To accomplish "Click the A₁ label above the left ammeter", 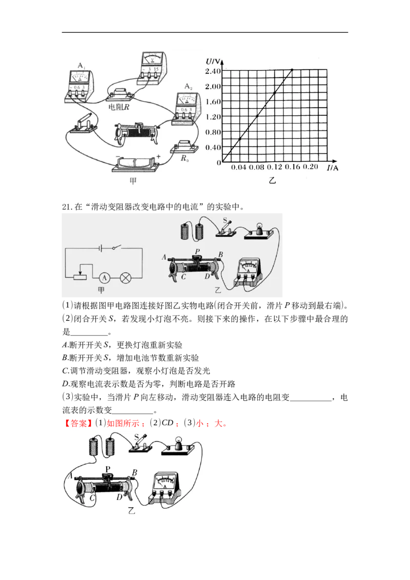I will tap(80, 66).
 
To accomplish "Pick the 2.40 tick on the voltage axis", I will tap(214, 70).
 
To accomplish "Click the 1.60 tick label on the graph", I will tap(214, 101).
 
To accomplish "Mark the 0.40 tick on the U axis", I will tap(214, 148).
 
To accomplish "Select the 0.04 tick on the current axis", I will tap(238, 168).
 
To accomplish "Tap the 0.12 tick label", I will tap(275, 168).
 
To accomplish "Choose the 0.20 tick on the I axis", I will tap(311, 168).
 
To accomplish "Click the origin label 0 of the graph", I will tap(219, 163).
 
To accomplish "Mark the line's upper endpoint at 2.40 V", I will tap(292, 70).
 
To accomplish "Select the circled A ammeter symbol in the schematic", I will tap(104, 277).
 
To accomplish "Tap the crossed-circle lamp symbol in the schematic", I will tap(126, 277).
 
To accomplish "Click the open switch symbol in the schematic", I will tap(117, 247).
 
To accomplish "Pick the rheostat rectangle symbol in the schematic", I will tap(80, 277).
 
